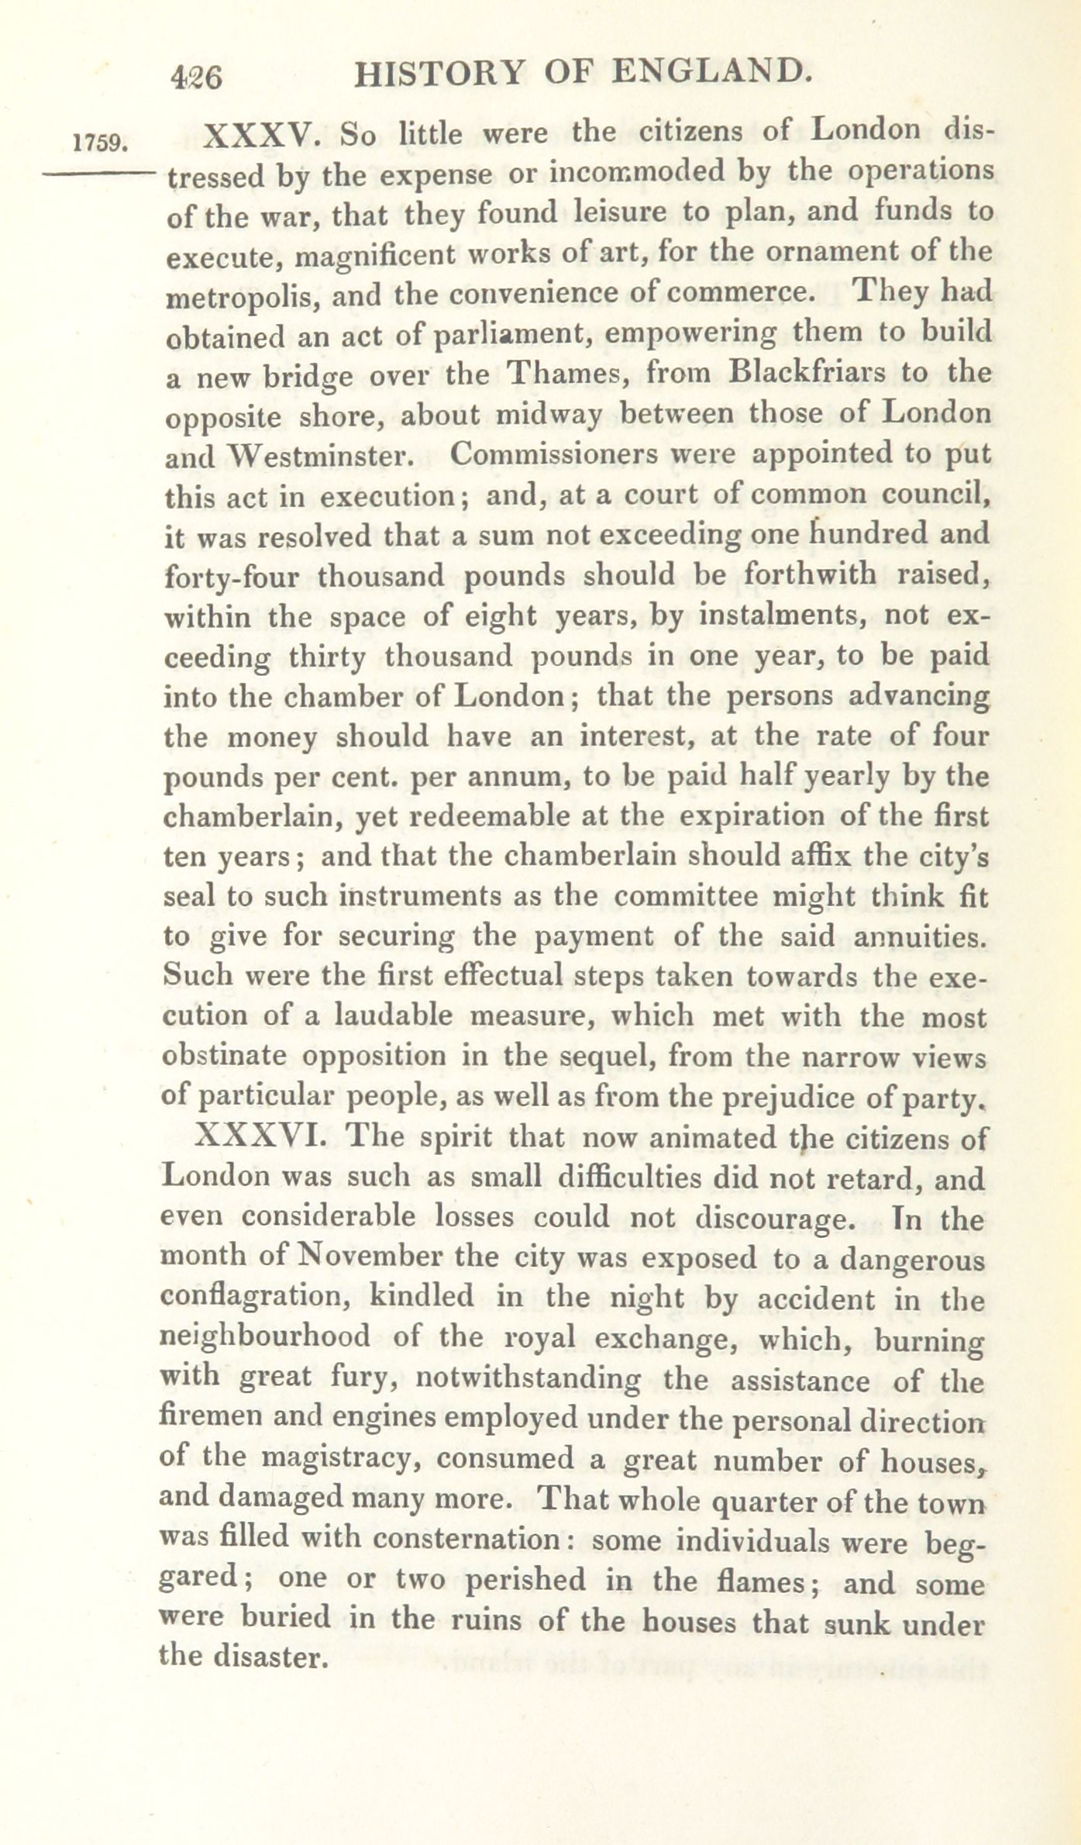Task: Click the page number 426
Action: pos(197,78)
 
